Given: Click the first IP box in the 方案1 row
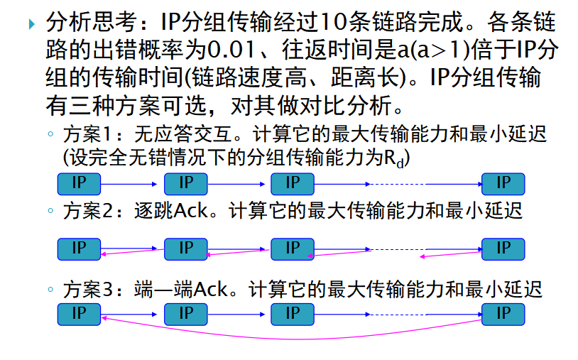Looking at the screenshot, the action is [x=79, y=184].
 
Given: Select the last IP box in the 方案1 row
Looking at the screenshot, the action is [x=503, y=184].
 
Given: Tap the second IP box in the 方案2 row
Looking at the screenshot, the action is [x=185, y=249].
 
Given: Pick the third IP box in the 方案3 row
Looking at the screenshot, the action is [x=293, y=313].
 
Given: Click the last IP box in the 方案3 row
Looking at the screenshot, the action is [x=503, y=313].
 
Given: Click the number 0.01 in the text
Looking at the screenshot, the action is [x=228, y=53].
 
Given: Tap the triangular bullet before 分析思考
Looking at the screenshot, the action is [x=31, y=25].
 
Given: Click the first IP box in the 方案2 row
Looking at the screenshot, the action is [x=79, y=249].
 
